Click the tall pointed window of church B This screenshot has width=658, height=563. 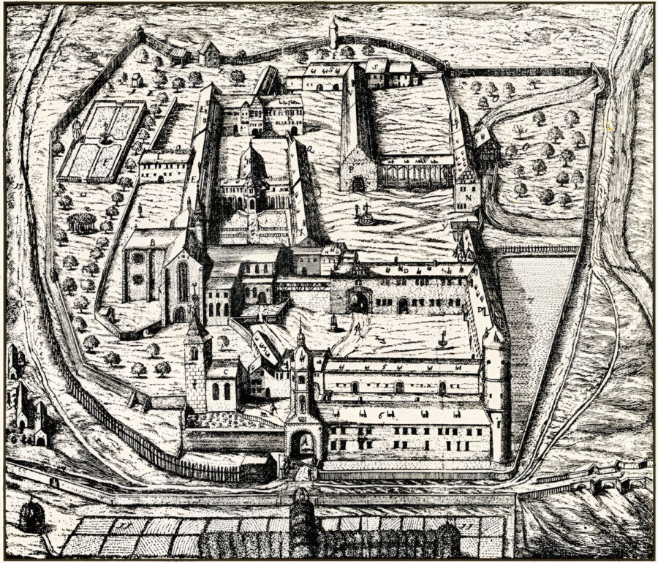(182, 281)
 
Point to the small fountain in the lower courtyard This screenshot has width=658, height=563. (443, 341)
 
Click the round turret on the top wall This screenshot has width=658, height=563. (333, 33)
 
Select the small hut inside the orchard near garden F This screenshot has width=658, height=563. (136, 79)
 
